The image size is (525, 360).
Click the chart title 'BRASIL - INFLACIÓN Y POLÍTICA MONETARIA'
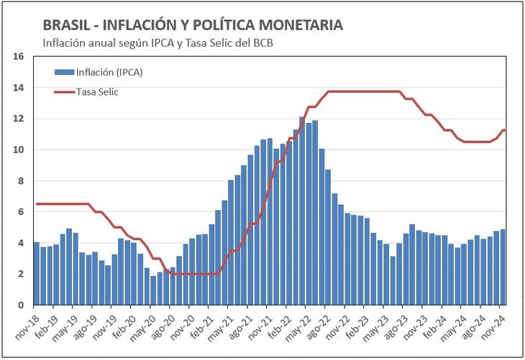point(193,25)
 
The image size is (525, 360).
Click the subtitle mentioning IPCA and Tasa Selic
point(158,42)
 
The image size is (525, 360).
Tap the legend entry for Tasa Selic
point(97,91)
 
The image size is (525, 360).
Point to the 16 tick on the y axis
point(19,56)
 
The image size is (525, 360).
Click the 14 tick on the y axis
point(19,88)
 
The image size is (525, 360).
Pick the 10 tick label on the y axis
point(19,149)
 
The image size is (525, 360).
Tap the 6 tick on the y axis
point(22,212)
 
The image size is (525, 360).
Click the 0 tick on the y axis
point(22,305)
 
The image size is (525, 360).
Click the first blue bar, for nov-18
point(37,274)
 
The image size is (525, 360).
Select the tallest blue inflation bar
point(302,211)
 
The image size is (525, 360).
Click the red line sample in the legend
point(65,91)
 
